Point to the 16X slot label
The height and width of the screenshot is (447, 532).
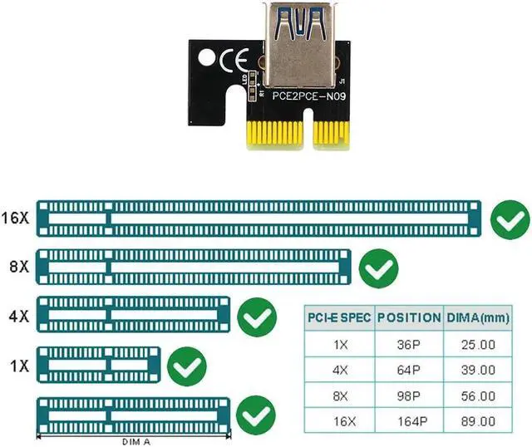[16, 219]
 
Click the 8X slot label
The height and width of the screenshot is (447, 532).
[16, 268]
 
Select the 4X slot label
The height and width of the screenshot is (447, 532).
[16, 317]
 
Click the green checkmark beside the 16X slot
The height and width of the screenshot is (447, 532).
[509, 219]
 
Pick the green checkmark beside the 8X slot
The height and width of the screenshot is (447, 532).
[378, 268]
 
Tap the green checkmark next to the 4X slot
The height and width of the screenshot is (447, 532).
[257, 317]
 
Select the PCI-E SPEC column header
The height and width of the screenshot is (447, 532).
[339, 317]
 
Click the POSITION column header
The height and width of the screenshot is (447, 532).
[409, 317]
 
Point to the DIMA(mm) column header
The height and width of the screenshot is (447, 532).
[478, 317]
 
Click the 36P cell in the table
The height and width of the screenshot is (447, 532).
[409, 343]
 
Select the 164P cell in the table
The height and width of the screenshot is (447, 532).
[409, 422]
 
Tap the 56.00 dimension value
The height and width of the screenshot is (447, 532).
[478, 396]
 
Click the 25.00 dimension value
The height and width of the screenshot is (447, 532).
[478, 343]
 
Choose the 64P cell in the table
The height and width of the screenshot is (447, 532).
[409, 370]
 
